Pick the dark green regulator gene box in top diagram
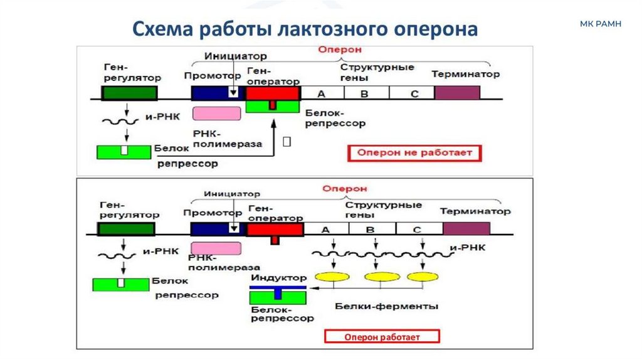[129, 93]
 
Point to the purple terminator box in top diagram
[457, 92]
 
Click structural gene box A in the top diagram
[322, 93]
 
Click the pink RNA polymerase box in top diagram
[217, 113]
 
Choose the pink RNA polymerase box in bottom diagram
[216, 248]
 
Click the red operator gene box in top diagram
[272, 93]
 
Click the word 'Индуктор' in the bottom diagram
[278, 277]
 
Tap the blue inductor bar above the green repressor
[278, 287]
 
